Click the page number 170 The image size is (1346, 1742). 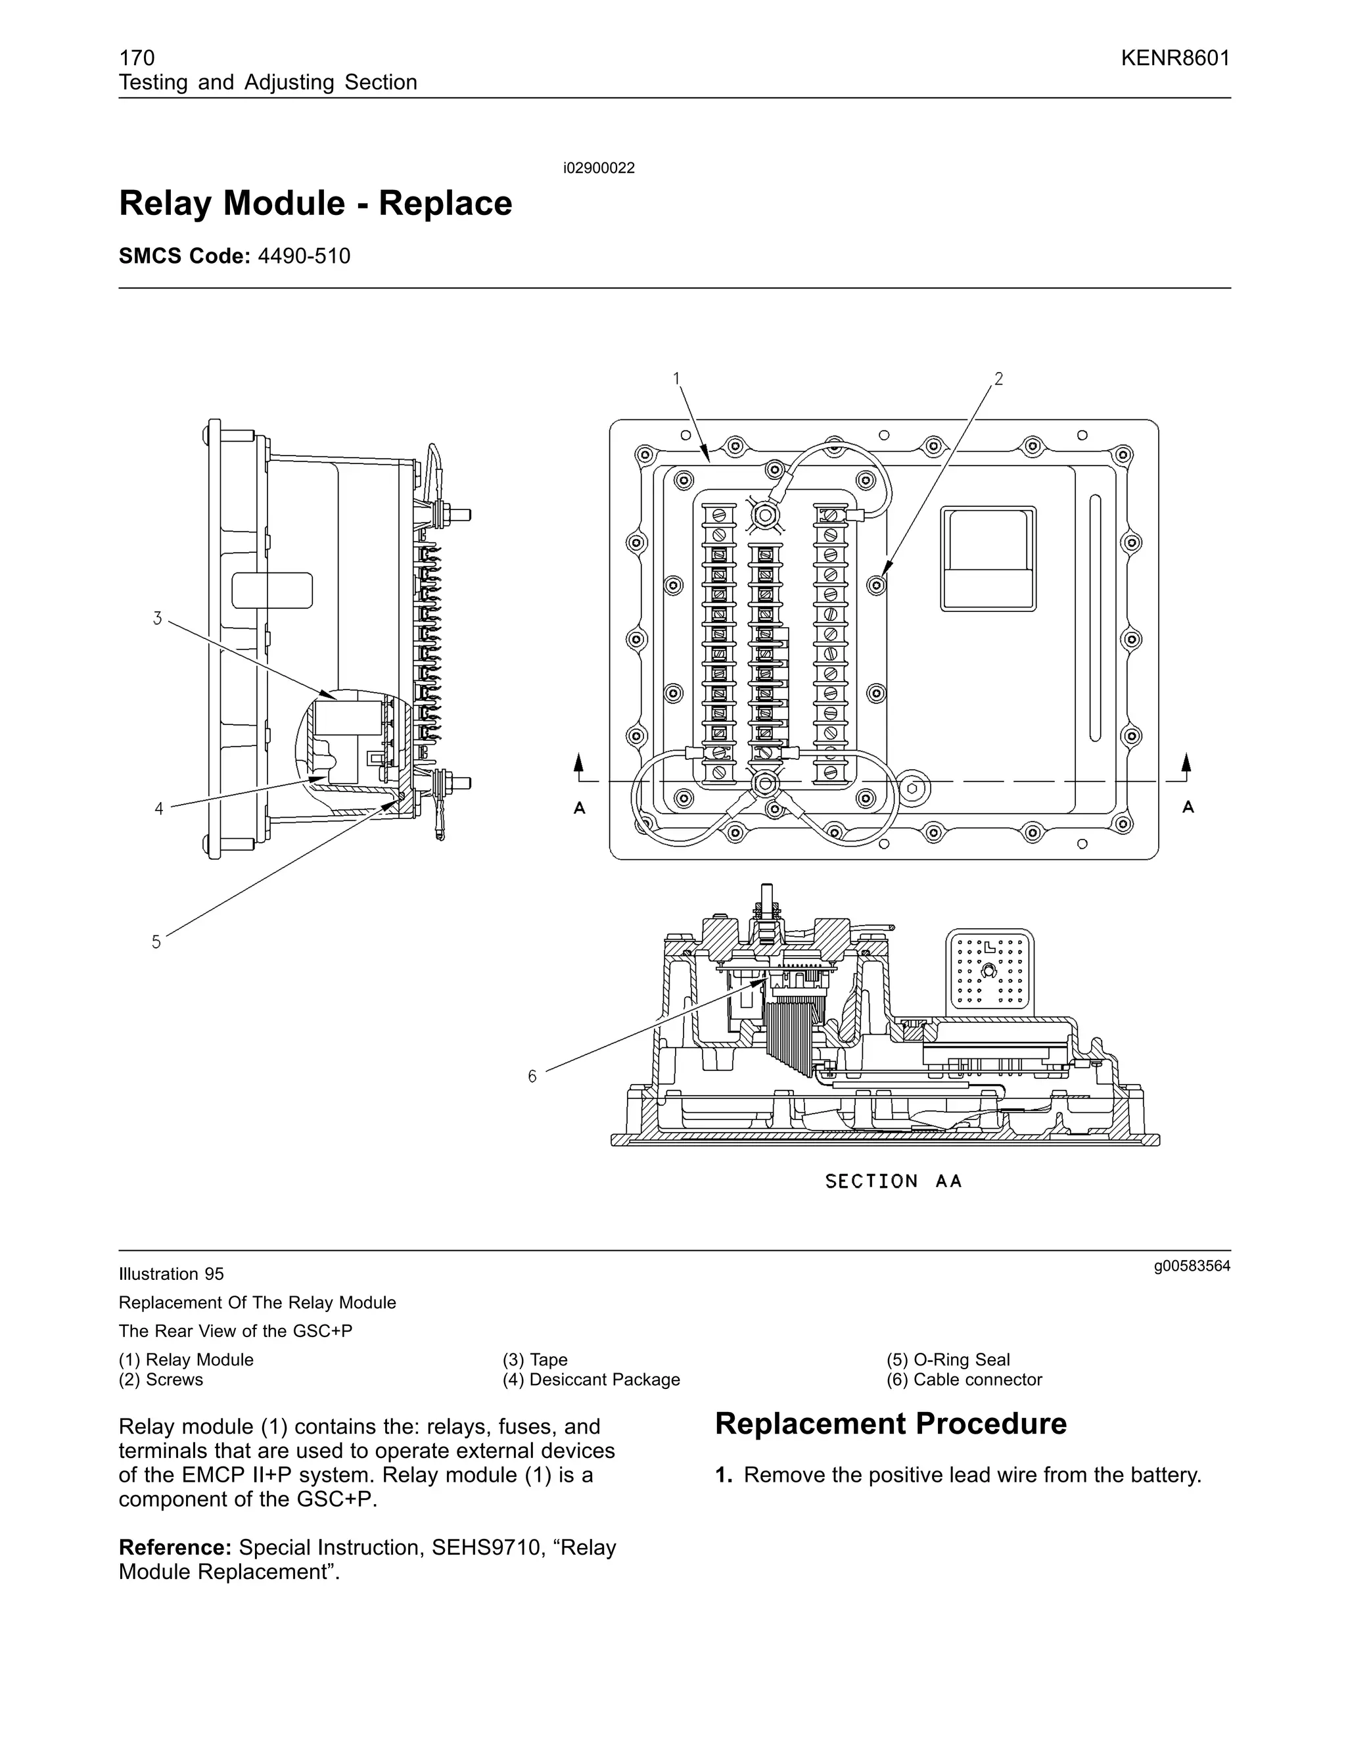[x=136, y=59]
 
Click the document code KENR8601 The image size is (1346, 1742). [x=1174, y=59]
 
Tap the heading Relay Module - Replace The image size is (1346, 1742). [x=315, y=203]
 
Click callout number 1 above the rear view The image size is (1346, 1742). [x=676, y=378]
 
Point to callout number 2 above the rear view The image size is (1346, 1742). [x=998, y=379]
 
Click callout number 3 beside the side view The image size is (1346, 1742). [x=158, y=618]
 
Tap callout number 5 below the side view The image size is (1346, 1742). [x=156, y=942]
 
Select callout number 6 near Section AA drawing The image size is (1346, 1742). [x=532, y=1077]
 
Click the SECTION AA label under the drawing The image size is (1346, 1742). [x=893, y=1181]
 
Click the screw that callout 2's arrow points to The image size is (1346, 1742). [x=876, y=586]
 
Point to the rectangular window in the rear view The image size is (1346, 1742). [x=988, y=558]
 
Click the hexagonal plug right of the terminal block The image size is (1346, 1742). [x=913, y=789]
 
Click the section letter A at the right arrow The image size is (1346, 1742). [x=1188, y=807]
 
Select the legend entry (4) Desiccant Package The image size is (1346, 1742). [x=591, y=1380]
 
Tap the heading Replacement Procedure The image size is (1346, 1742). [x=890, y=1424]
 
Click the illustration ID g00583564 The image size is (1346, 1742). [x=1192, y=1267]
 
